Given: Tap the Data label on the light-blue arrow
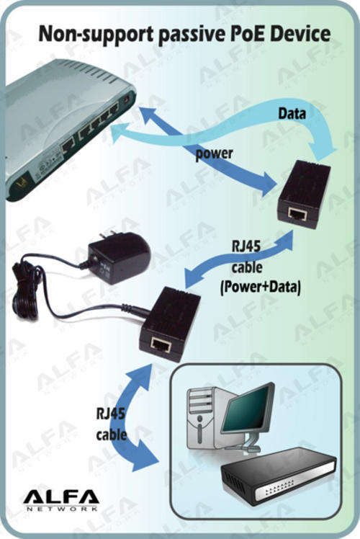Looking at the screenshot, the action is click(292, 113).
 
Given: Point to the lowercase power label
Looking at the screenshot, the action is click(214, 153).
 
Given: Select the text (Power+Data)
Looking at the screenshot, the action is click(261, 287).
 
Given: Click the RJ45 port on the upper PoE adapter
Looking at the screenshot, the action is click(297, 214).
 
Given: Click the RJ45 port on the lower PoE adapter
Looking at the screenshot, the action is click(161, 344).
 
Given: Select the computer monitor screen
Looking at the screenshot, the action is click(247, 408).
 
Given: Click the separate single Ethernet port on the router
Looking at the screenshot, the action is click(68, 144).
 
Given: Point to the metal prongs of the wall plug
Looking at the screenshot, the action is click(108, 233).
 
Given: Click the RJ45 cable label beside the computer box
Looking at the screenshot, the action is click(111, 424).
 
